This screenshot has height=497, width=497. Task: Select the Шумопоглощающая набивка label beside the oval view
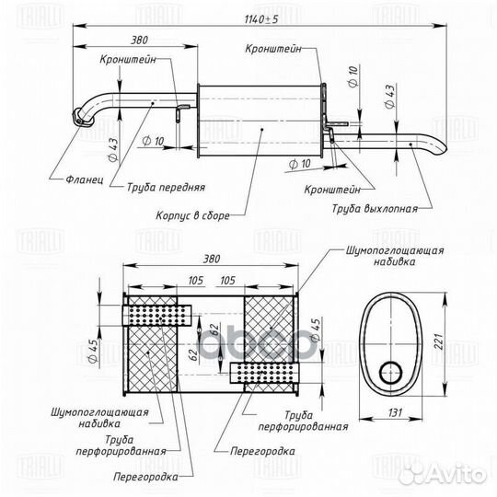tap(396, 256)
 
